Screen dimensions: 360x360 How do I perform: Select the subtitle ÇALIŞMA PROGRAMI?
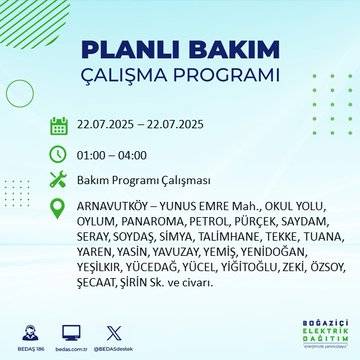click(x=181, y=76)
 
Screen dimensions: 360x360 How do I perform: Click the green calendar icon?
click(x=59, y=126)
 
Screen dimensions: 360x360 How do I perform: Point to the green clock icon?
click(x=59, y=155)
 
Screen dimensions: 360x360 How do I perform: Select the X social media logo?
click(x=116, y=330)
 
